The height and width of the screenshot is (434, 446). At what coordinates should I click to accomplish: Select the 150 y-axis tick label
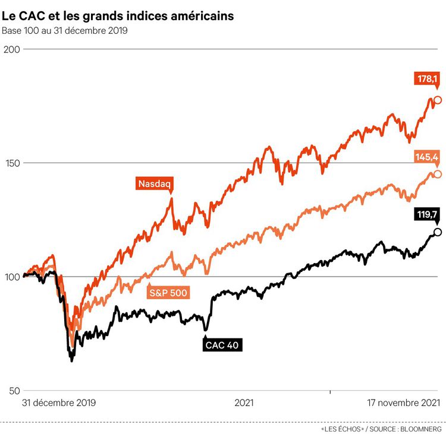point(11,163)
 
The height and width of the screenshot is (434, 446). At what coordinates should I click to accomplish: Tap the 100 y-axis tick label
point(11,277)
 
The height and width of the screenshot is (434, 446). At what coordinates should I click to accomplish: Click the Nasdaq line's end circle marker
point(438,100)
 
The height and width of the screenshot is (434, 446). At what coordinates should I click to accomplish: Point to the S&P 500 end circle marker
point(438,174)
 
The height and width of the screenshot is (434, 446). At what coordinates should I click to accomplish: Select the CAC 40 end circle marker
point(438,232)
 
